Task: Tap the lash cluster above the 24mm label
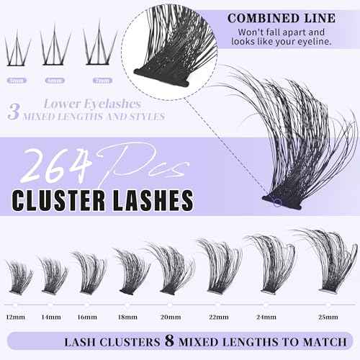(x=265, y=263)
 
